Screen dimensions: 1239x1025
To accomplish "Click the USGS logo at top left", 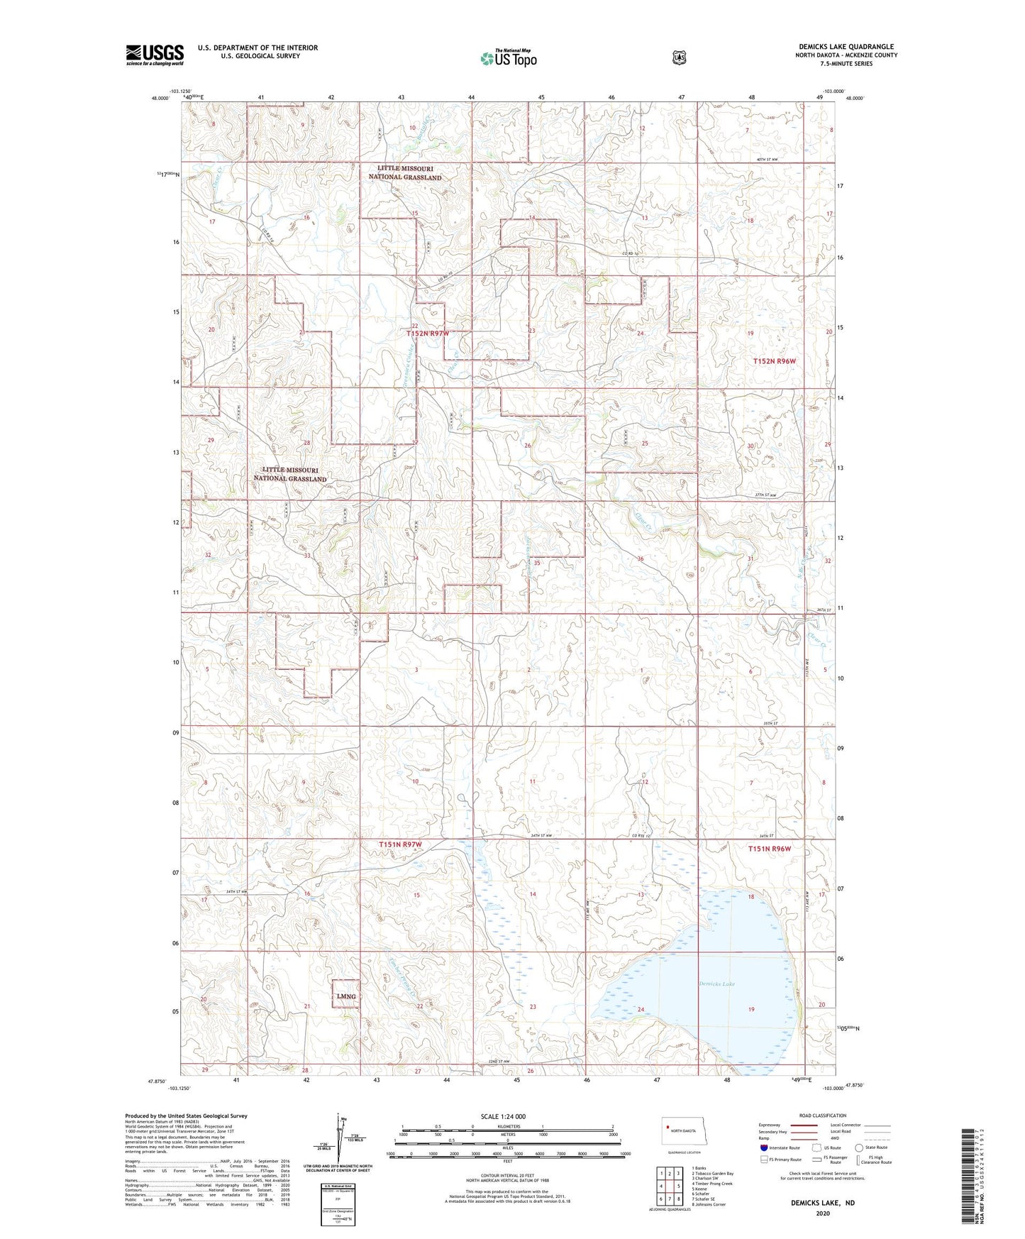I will (x=155, y=55).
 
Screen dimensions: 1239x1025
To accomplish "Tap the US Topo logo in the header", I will (x=507, y=58).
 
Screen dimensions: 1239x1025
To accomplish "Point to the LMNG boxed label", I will (x=346, y=996).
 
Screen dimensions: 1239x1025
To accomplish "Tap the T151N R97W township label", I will (x=400, y=844).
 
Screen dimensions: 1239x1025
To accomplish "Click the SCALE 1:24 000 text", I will (x=503, y=1116).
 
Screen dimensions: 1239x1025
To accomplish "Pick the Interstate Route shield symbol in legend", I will (x=763, y=1147).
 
